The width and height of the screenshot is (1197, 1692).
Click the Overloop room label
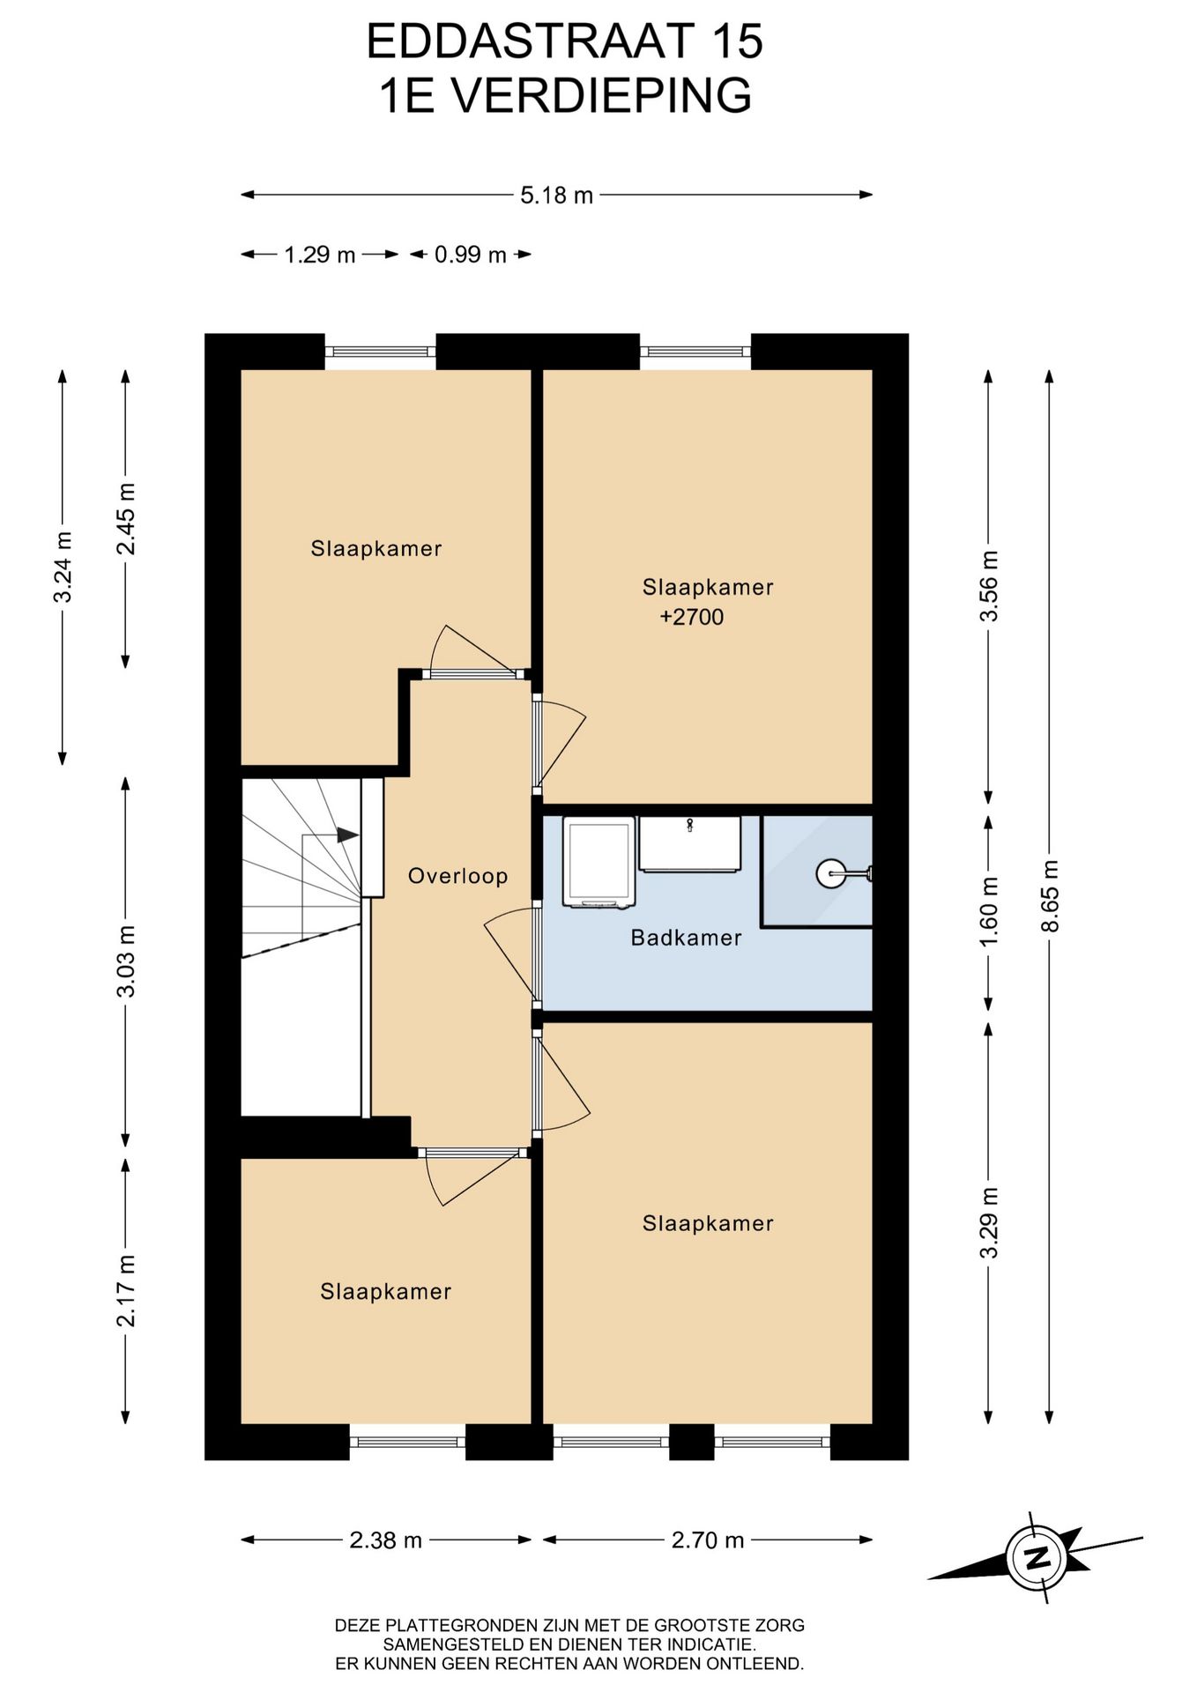[457, 876]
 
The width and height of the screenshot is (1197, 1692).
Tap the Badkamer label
[686, 938]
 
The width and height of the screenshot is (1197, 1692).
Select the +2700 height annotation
[692, 617]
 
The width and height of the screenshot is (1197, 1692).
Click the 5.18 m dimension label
[556, 195]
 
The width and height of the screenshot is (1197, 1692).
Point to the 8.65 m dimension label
[1049, 895]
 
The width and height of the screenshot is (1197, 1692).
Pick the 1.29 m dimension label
[319, 255]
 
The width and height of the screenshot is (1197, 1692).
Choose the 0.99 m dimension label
[471, 255]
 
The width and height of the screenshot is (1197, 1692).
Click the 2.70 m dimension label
[708, 1540]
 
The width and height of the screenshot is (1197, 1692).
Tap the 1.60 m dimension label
[989, 911]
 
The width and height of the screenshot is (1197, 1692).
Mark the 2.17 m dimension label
[126, 1290]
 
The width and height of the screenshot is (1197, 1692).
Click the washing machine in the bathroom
[599, 862]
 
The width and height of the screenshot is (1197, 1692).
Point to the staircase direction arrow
[347, 835]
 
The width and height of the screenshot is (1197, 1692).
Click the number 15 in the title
[738, 41]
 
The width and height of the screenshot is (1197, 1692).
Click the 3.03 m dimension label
[126, 961]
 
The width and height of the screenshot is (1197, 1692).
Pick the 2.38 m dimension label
[386, 1540]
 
